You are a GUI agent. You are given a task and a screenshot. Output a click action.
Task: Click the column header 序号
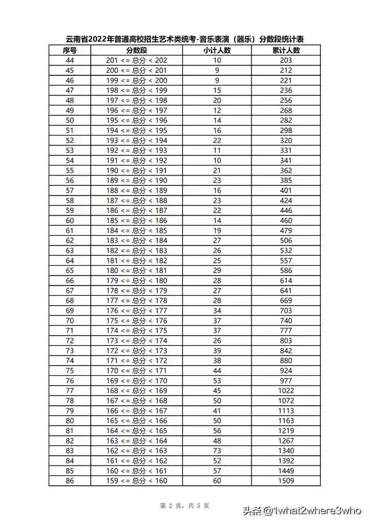tap(70, 50)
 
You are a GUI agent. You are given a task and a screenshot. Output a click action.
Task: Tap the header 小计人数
tap(217, 50)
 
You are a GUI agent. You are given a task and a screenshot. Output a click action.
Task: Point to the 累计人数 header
tap(286, 50)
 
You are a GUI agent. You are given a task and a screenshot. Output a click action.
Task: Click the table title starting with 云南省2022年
tap(185, 40)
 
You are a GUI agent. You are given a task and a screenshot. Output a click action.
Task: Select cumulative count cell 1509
tap(286, 481)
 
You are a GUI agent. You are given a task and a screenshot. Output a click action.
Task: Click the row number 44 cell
tap(70, 60)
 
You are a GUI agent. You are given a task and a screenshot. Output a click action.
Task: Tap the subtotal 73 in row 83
tap(217, 451)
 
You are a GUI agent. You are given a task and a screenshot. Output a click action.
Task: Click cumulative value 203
tap(286, 60)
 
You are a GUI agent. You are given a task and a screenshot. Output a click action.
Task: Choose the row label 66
tap(70, 280)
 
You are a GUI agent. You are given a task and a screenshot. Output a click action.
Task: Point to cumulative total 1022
tap(286, 391)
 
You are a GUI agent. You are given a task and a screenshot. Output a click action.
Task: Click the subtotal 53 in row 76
tap(217, 381)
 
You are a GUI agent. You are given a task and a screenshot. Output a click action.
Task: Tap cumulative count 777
tap(286, 331)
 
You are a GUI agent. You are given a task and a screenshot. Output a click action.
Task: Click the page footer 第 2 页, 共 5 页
tap(184, 506)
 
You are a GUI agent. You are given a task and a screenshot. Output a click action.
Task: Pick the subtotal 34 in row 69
tap(217, 310)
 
